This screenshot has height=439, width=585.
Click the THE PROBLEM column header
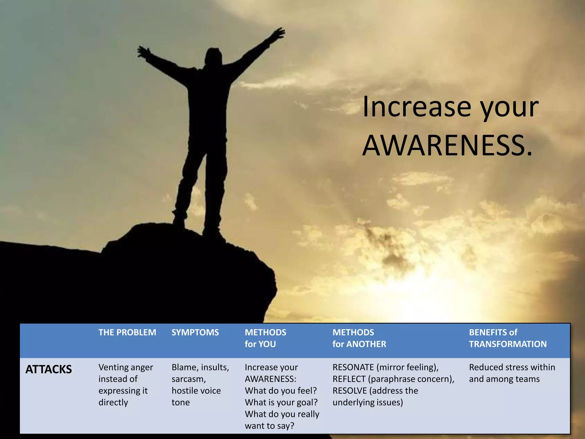click(x=127, y=332)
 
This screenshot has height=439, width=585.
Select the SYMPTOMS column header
click(x=195, y=332)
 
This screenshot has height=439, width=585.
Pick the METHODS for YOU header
click(x=265, y=338)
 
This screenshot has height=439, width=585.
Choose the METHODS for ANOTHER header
click(x=359, y=338)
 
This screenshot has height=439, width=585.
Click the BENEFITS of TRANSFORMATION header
click(x=508, y=338)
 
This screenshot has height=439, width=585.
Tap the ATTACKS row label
click(x=49, y=369)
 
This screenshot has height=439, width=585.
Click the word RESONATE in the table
click(x=353, y=367)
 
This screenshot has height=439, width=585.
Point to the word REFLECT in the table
click(x=349, y=379)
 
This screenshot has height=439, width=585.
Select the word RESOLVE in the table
click(x=349, y=391)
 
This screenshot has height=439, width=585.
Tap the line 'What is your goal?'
click(x=281, y=402)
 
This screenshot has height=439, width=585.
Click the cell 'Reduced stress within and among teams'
click(x=512, y=373)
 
